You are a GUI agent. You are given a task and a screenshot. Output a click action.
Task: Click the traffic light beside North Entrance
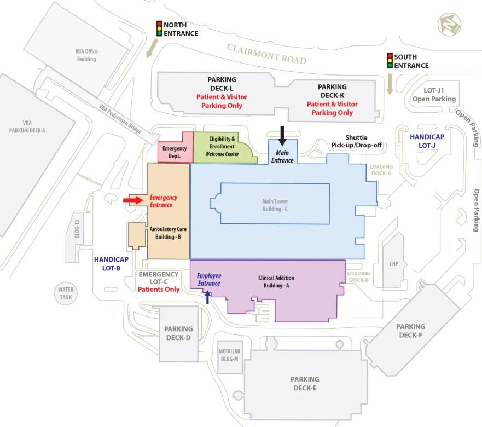pos(159,28)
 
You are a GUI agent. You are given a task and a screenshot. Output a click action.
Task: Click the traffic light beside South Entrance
pos(390,61)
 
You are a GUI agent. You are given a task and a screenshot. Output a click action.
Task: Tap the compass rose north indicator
pos(449,25)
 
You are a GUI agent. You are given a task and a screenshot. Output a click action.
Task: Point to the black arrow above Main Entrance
pos(282,136)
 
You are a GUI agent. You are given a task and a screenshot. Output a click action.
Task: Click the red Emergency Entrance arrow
pos(133,200)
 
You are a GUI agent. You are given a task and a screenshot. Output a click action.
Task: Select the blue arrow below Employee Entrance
pos(208,297)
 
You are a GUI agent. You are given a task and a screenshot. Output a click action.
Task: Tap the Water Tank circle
pos(66,293)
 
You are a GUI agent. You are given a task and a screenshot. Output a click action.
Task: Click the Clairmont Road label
pos(266,54)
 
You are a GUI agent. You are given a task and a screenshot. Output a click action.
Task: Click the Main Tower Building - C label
pos(275,205)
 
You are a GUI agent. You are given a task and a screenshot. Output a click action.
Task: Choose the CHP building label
pos(394,264)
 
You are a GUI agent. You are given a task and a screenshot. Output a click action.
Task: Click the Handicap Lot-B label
pos(111,264)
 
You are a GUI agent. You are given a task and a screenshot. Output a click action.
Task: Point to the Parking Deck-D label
pos(178,333)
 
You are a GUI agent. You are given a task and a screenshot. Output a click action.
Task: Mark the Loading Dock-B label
pos(359,276)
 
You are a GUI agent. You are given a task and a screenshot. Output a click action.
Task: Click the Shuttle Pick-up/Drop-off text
pos(356,141)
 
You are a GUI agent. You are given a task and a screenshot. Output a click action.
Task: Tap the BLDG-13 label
pos(77,229)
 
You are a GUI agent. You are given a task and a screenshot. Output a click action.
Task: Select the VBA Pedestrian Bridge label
pos(120,119)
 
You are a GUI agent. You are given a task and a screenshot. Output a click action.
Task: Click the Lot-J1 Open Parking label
pos(434,95)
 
